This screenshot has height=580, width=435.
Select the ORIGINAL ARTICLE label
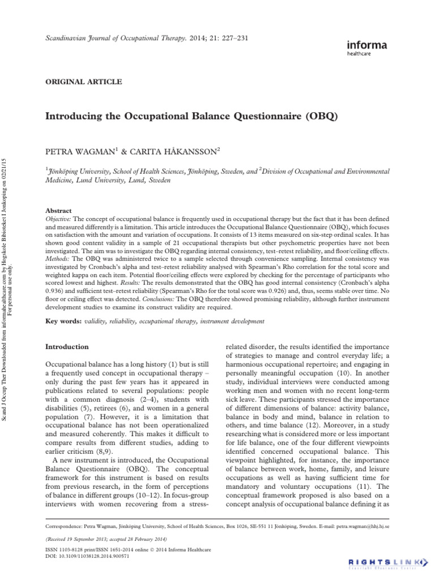click(x=83, y=82)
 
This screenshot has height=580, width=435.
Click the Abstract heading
click(x=58, y=209)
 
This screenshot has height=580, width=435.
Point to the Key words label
click(x=62, y=321)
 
